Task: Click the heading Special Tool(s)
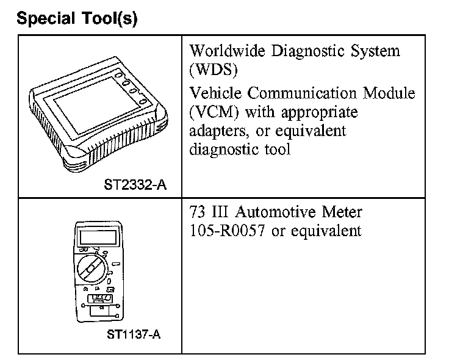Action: (x=77, y=20)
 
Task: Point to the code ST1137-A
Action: (x=135, y=335)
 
